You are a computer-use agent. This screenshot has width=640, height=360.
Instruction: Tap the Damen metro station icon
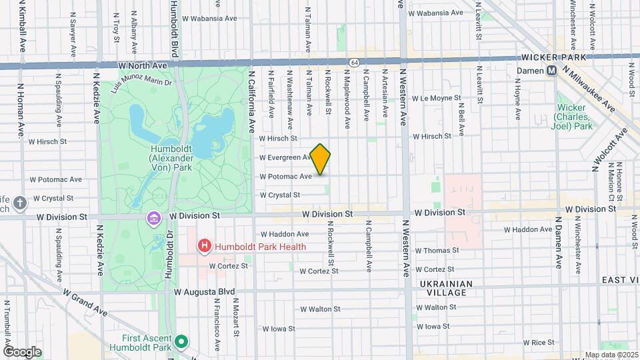pyautogui.click(x=552, y=70)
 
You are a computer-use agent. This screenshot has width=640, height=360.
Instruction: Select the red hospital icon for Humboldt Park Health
pyautogui.click(x=205, y=247)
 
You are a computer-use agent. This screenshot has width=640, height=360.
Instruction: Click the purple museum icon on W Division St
pyautogui.click(x=154, y=218)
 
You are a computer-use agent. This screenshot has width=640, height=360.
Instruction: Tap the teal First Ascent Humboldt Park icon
pyautogui.click(x=180, y=342)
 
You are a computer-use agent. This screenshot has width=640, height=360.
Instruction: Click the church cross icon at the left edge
pyautogui.click(x=20, y=203)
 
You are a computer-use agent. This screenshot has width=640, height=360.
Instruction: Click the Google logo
pyautogui.click(x=22, y=351)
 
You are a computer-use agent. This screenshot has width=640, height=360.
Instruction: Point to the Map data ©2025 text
pyautogui.click(x=611, y=355)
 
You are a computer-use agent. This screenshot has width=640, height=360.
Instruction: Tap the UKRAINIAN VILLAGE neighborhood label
pyautogui.click(x=447, y=289)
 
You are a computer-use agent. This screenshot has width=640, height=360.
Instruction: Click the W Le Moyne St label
pyautogui.click(x=437, y=98)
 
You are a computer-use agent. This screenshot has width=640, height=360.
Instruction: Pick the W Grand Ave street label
pyautogui.click(x=85, y=301)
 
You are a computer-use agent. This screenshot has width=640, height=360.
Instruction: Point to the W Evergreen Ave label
pyautogui.click(x=285, y=158)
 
